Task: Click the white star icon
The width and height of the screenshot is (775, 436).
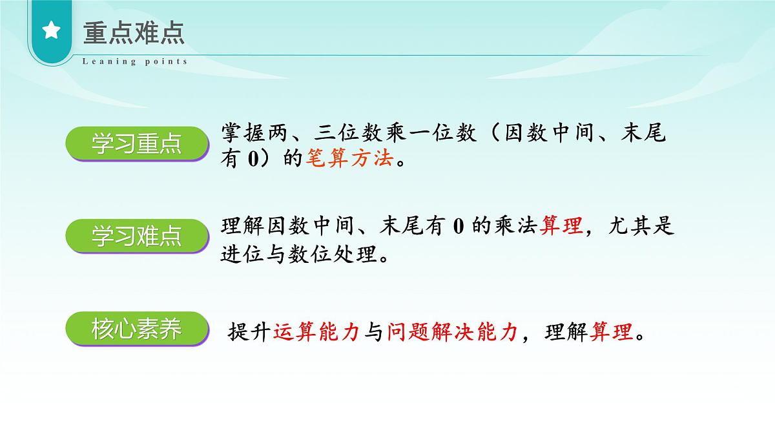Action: [x=51, y=31]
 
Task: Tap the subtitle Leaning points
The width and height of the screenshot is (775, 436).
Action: [x=135, y=62]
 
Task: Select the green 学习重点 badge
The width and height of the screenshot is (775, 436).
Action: [x=136, y=144]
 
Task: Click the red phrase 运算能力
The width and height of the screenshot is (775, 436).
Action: [x=316, y=333]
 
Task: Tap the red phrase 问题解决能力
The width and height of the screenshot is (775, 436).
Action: [x=453, y=333]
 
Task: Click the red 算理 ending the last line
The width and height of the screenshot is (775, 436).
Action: [x=612, y=333]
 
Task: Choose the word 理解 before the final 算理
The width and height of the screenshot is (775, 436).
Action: [x=566, y=333]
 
